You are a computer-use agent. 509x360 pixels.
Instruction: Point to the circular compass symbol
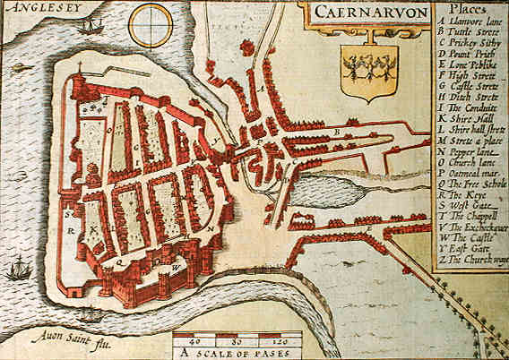(150, 25)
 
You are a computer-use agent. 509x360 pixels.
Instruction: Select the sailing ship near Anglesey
(90, 27)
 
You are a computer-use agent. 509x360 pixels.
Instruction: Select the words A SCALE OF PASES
(237, 353)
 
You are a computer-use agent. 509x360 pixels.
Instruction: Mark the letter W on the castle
(176, 267)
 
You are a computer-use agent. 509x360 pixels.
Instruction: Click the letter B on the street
(337, 132)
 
